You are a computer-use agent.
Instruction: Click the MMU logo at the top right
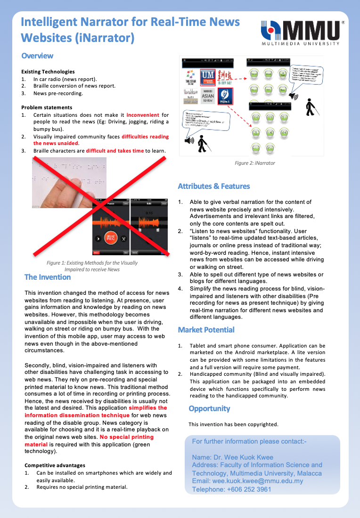pos(302,32)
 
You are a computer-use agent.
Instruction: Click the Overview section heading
pos(37,56)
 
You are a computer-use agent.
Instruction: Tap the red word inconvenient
pos(143,115)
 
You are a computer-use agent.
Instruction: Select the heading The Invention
pos(48,277)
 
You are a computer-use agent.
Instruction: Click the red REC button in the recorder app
pos(111,238)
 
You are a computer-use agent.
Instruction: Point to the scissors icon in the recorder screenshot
pos(124,238)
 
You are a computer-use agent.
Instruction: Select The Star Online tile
pos(191,78)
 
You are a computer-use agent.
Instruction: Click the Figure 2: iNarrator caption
pos(254,163)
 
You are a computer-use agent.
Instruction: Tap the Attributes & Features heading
pos(214,186)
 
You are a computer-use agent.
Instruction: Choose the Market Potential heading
pos(206,330)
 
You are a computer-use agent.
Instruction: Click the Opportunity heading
pos(209,408)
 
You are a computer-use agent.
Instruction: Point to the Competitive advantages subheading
pos(55,465)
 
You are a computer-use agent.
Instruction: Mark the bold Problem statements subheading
pos(47,107)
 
